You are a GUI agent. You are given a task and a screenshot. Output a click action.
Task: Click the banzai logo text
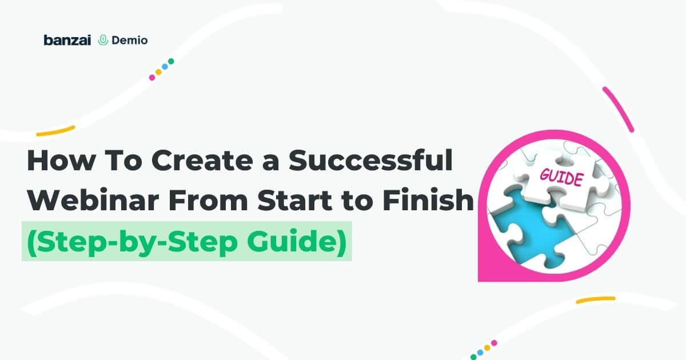[x=67, y=40]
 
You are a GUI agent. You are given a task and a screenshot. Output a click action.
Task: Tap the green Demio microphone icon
[x=103, y=40]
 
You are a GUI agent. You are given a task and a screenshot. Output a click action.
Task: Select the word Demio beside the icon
[x=130, y=40]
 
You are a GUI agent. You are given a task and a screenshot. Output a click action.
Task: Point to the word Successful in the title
[x=370, y=160]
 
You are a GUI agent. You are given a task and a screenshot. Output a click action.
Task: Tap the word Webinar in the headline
[x=93, y=200]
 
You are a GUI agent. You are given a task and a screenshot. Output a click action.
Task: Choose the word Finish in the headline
[x=428, y=200]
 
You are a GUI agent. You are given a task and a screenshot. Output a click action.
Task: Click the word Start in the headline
[x=294, y=201]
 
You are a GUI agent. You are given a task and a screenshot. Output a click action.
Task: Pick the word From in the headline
[x=208, y=201]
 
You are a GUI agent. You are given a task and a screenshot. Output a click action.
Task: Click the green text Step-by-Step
[x=132, y=242]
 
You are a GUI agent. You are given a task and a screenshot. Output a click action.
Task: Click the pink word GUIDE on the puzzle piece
[x=561, y=177]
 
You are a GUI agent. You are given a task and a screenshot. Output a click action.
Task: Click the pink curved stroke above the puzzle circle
[x=618, y=109]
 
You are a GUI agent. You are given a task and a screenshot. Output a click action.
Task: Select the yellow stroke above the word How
[x=55, y=131]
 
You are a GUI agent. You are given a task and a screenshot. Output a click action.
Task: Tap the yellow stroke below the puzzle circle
[x=595, y=300]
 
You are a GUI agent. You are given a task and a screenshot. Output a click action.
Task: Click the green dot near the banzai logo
[x=171, y=61]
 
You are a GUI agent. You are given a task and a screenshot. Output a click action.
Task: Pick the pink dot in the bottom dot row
[x=494, y=343]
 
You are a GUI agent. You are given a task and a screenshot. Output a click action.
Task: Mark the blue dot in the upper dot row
[x=165, y=66]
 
